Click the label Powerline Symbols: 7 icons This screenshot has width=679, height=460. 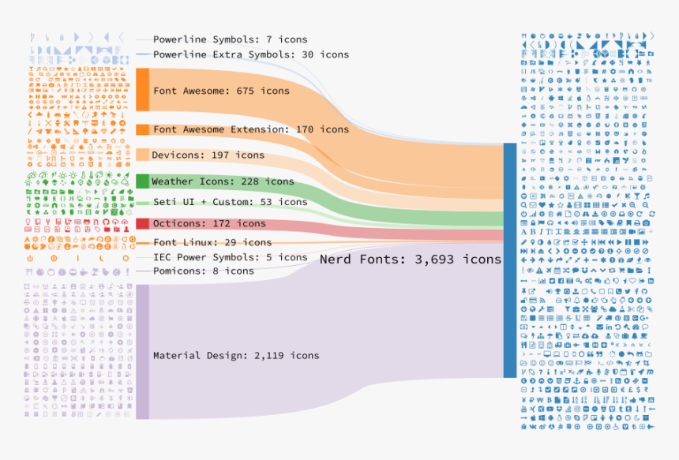230,39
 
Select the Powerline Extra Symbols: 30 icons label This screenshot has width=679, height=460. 250,54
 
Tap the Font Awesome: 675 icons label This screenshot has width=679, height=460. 221,91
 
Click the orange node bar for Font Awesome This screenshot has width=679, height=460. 142,89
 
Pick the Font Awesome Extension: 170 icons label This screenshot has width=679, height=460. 250,129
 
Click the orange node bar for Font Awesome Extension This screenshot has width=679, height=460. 142,129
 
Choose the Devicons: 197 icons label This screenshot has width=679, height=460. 208,155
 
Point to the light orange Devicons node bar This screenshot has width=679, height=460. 142,155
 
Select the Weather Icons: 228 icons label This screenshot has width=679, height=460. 223,181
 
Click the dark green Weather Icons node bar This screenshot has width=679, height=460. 142,181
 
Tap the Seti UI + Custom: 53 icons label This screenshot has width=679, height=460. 230,202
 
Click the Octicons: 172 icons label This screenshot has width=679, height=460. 208,223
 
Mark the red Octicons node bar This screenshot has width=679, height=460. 142,223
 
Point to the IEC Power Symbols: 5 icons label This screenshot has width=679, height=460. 230,257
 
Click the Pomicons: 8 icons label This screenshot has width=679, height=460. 204,271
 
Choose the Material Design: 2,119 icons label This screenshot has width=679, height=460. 236,355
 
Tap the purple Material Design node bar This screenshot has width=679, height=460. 142,352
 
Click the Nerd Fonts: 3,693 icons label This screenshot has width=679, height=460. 410,259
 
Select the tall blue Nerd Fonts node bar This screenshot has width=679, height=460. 509,260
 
